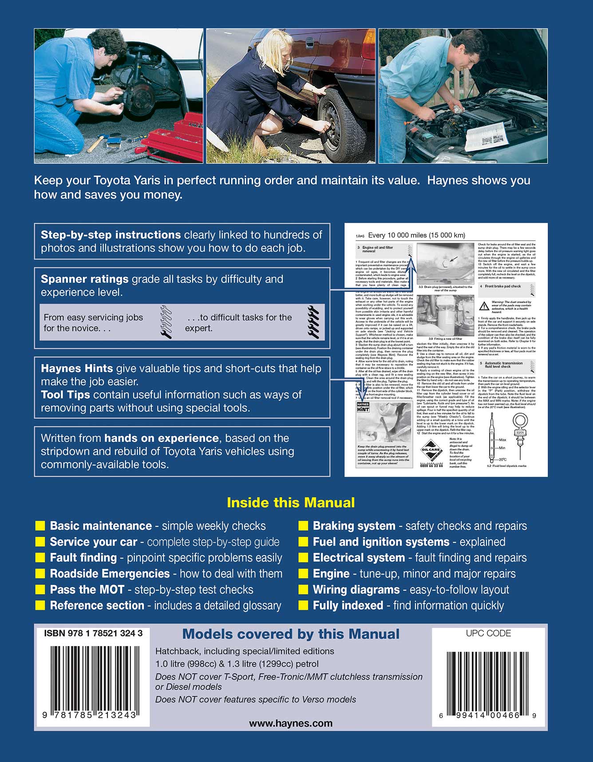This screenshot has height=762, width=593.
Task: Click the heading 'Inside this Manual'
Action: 291,502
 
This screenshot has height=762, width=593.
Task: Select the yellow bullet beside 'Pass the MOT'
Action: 40,589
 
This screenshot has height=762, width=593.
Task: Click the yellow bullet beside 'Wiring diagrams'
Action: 304,589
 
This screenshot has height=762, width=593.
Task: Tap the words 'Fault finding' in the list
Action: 83,557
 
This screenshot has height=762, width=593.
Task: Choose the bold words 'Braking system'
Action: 354,526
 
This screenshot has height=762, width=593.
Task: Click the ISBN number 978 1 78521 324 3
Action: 93,633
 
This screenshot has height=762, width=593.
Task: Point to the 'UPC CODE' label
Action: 488,633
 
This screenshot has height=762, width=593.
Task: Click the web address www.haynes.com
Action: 291,723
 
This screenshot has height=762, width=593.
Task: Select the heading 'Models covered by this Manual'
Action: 291,634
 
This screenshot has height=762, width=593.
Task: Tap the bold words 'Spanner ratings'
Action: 85,279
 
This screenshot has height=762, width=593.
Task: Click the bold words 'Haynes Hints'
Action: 77,368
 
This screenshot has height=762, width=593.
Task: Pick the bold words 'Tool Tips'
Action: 65,395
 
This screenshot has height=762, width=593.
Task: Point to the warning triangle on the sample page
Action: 484,306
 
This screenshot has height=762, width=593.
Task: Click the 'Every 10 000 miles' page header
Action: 416,235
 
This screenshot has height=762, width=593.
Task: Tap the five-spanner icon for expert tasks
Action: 313,322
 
